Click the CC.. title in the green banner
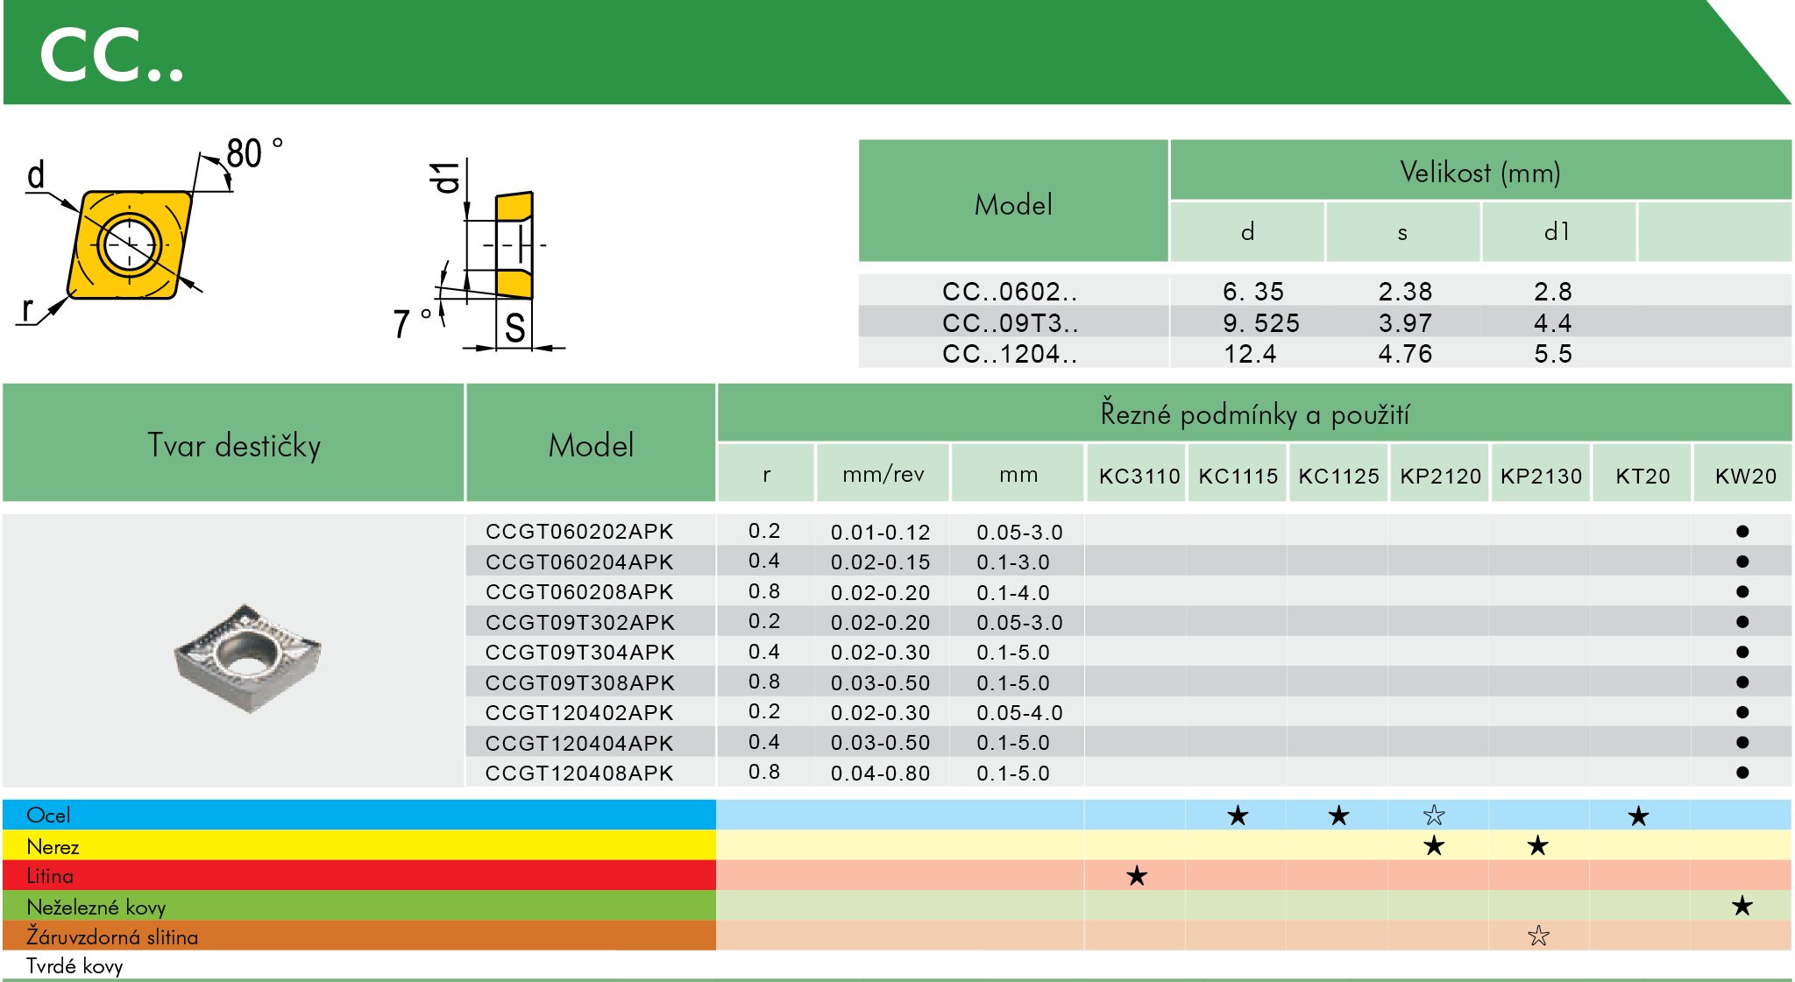click(111, 55)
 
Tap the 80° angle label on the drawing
click(252, 153)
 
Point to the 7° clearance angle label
click(410, 323)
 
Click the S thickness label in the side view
click(514, 329)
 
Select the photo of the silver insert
click(248, 657)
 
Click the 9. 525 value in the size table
click(1260, 323)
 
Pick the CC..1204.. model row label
click(1010, 354)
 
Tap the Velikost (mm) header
click(1479, 172)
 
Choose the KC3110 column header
click(1139, 476)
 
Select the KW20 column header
click(1745, 476)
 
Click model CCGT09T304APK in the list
click(579, 653)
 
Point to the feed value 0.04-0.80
click(880, 774)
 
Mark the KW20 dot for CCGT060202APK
click(1742, 532)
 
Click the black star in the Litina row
click(1137, 875)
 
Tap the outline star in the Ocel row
click(1434, 816)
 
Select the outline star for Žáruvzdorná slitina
click(1538, 936)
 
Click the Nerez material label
click(53, 846)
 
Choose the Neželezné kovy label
click(96, 907)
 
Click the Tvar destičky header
click(233, 445)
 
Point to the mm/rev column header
click(883, 475)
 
